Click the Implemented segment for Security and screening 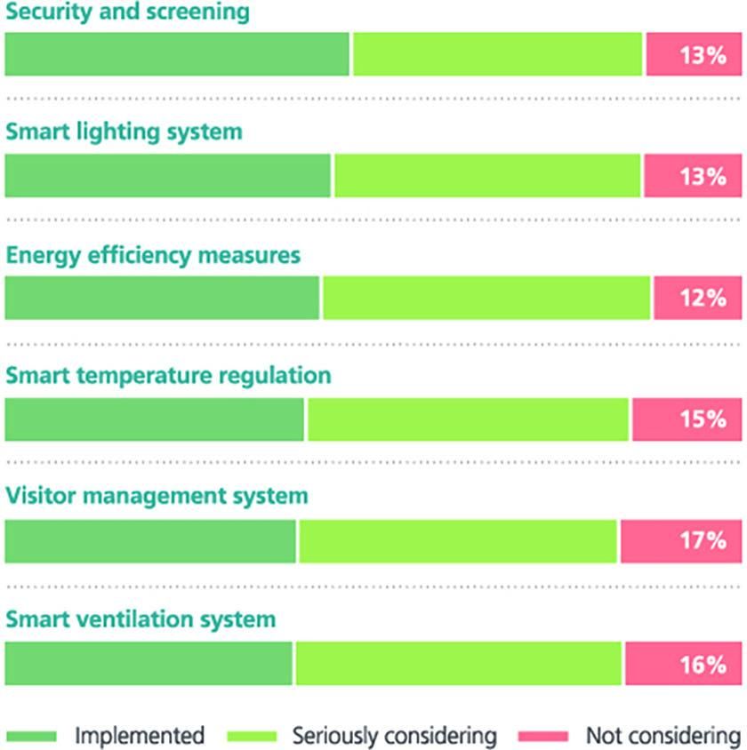[x=177, y=55]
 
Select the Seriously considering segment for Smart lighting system [x=487, y=176]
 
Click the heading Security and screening [x=127, y=12]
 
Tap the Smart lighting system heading [x=124, y=132]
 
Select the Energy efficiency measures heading [x=153, y=256]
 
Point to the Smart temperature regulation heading [x=168, y=375]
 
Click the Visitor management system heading [x=157, y=496]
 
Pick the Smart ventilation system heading [x=141, y=618]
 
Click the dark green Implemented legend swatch [x=31, y=736]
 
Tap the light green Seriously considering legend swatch [x=253, y=736]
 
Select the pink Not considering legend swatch [x=542, y=736]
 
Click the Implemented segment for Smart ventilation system [x=148, y=664]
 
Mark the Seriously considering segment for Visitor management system [x=457, y=541]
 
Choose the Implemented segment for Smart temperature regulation [x=154, y=419]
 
